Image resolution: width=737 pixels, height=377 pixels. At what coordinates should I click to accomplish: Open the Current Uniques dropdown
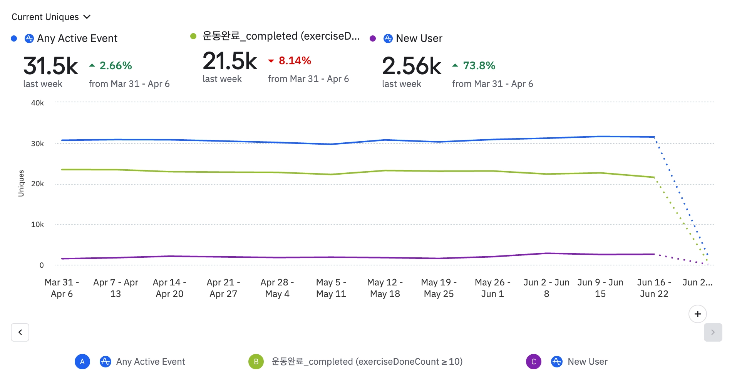(x=51, y=17)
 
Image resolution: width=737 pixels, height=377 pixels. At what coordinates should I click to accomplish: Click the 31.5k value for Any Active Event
(x=50, y=66)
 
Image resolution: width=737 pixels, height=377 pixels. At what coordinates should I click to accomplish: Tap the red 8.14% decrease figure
(x=295, y=61)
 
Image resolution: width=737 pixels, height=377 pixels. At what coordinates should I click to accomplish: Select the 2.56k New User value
(x=411, y=66)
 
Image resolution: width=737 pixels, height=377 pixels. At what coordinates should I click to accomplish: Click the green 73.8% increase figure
(x=479, y=66)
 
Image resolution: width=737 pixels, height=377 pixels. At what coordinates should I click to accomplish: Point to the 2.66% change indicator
(x=115, y=66)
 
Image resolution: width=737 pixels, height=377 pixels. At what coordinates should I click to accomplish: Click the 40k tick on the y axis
(x=37, y=103)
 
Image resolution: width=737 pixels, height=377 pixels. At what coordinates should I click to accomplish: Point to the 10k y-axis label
(x=37, y=224)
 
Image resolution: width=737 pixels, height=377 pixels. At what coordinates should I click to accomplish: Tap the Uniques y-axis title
(x=21, y=183)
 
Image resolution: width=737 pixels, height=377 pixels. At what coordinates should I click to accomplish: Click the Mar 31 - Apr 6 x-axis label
(x=62, y=288)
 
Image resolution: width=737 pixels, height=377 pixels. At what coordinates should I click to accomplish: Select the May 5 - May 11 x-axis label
(x=331, y=288)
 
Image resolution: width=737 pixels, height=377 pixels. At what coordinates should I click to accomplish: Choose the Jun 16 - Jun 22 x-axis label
(x=654, y=288)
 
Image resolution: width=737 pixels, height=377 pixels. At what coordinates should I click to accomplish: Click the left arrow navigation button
(x=20, y=332)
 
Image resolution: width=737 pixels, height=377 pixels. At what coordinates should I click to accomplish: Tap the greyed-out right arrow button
(x=713, y=332)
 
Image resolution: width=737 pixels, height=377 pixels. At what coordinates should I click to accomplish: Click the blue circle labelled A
(x=82, y=362)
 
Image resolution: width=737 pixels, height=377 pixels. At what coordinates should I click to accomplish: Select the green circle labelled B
(x=256, y=362)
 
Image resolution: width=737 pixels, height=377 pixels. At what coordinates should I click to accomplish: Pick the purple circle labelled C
(x=534, y=362)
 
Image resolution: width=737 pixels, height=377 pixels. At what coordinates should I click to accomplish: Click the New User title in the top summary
(x=419, y=38)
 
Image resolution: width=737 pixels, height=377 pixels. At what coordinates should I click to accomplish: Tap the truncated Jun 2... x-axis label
(x=697, y=282)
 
